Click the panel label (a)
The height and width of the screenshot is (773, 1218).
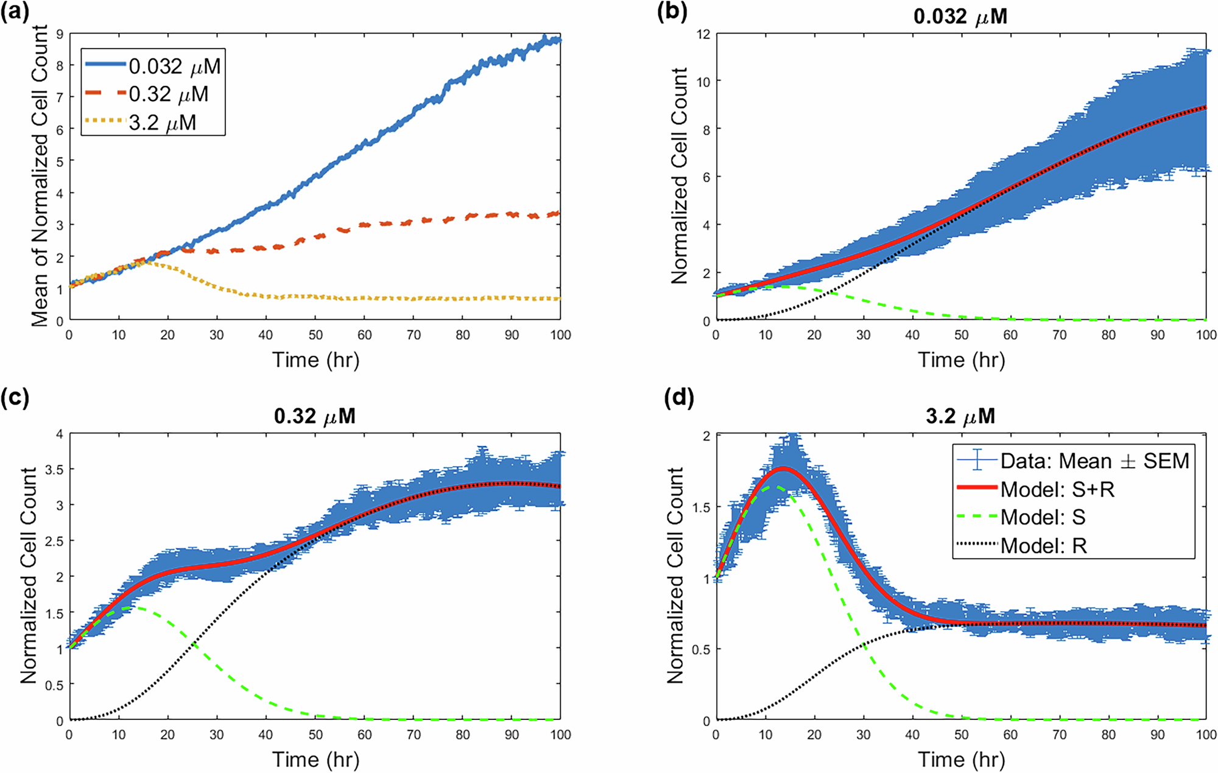pos(15,12)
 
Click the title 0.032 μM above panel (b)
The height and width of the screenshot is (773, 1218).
pos(960,16)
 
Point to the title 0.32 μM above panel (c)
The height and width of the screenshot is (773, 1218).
pos(314,417)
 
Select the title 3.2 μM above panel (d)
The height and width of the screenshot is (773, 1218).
pos(960,417)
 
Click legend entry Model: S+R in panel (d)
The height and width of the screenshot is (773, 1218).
pos(1057,489)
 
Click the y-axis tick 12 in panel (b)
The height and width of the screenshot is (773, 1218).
pos(703,34)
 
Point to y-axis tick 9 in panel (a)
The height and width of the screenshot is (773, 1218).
pos(60,34)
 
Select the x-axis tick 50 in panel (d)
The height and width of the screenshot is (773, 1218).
pos(961,735)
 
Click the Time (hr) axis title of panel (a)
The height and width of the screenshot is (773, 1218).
pos(315,360)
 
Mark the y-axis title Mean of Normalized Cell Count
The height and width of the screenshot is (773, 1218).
pos(40,176)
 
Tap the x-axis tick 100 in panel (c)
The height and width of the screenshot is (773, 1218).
pos(560,735)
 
